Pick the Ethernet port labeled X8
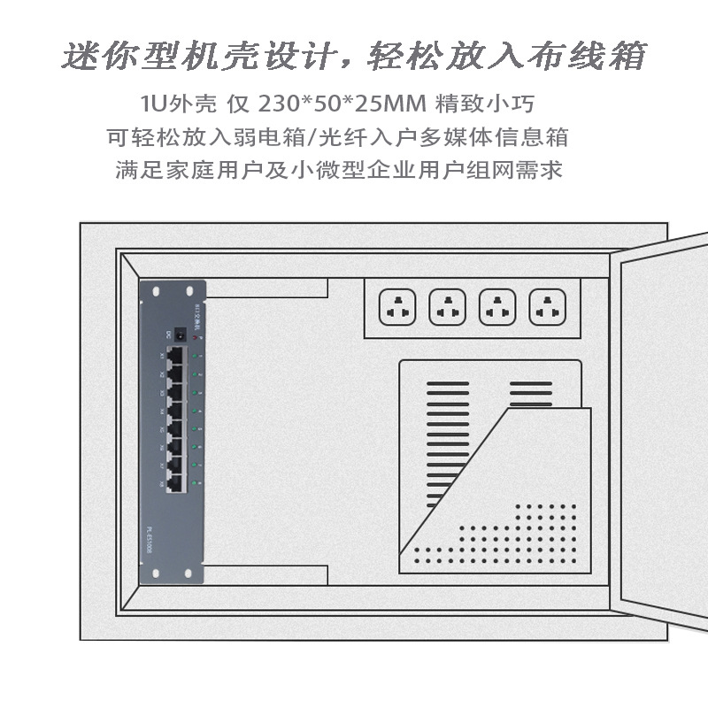coord(175,483)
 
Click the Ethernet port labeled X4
coord(175,411)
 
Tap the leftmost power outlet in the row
coord(396,308)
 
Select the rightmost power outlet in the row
coord(547,308)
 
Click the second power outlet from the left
coord(447,308)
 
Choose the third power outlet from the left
coord(496,308)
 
